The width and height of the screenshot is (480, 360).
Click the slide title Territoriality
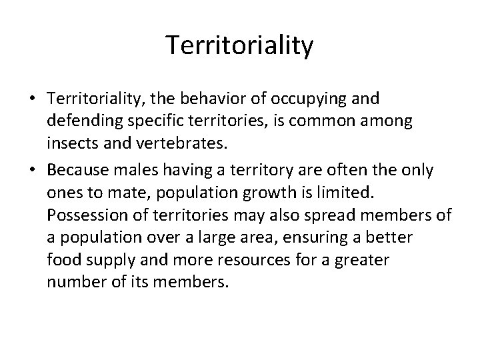pyautogui.click(x=239, y=45)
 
